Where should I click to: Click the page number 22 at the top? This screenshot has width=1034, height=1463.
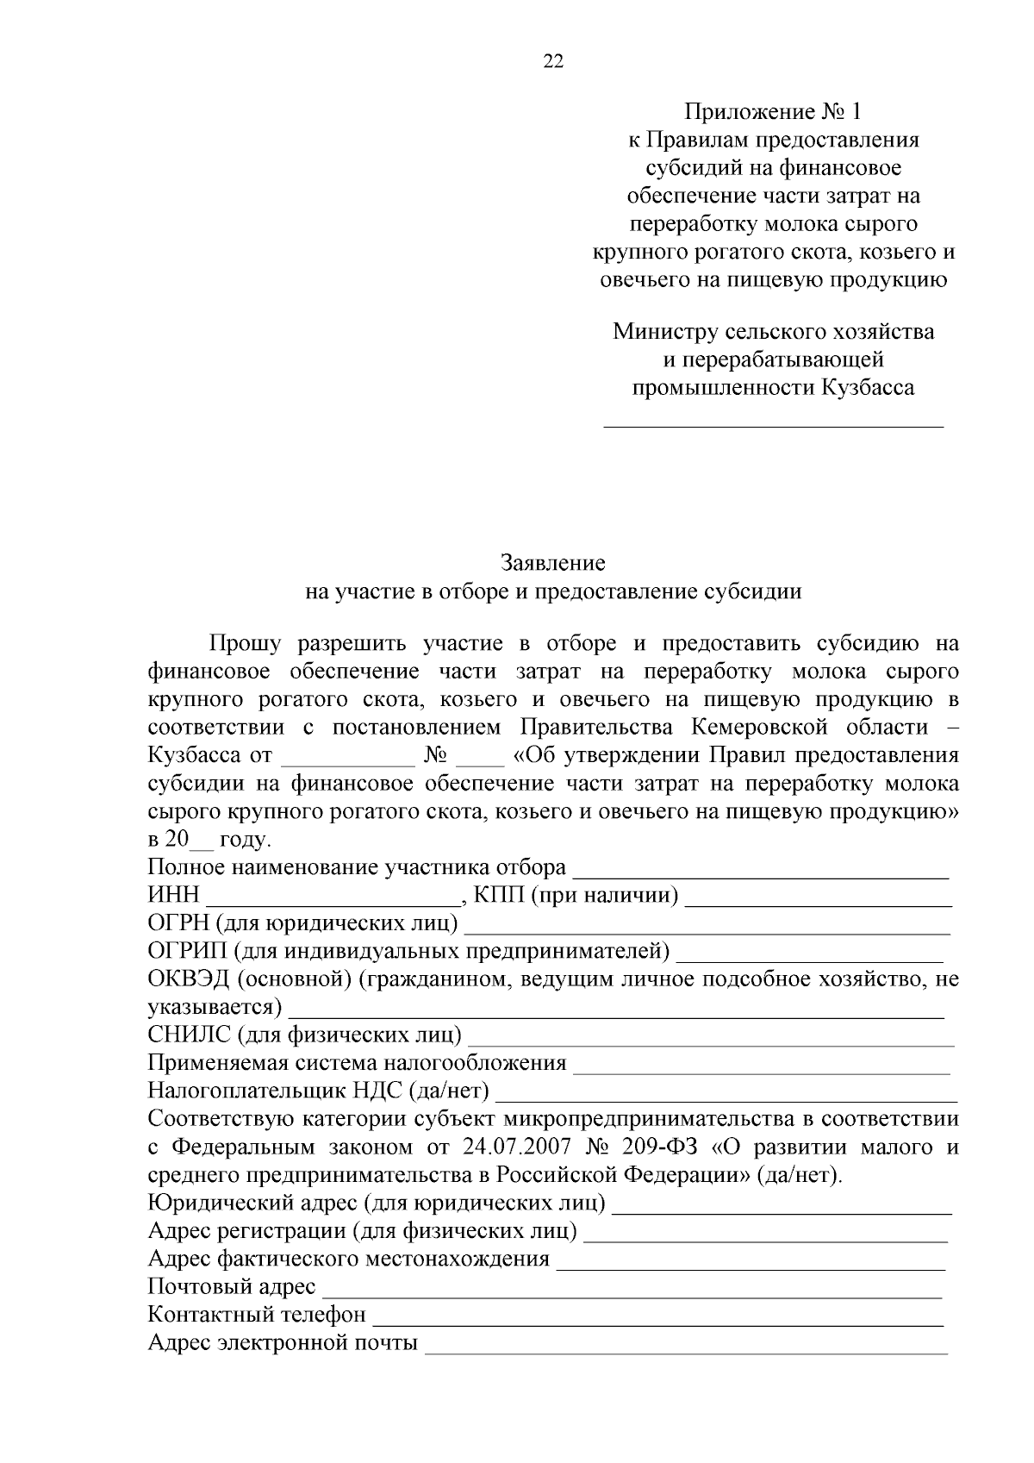coord(553,60)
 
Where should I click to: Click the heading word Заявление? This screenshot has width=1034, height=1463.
coord(553,564)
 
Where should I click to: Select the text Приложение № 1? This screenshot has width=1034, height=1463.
coord(772,112)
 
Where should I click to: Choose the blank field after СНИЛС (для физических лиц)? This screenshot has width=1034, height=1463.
coord(711,1041)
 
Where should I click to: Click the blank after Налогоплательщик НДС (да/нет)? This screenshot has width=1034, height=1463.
coord(728,1097)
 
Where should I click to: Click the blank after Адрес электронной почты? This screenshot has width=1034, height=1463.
coord(687,1349)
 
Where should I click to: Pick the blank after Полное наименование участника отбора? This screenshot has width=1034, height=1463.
coord(761,873)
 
